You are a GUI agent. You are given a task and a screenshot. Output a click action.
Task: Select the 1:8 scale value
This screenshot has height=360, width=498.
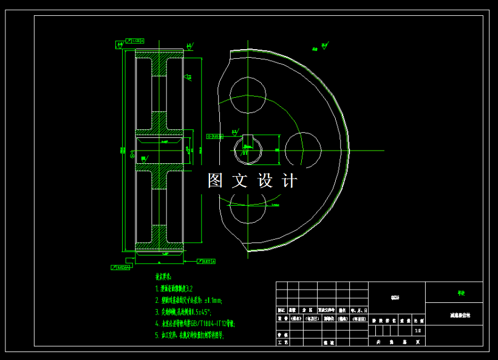(417, 331)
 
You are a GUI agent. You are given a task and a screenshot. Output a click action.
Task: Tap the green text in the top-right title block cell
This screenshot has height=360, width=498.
(461, 293)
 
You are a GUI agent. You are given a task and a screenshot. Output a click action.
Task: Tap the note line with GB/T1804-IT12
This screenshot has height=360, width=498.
(195, 324)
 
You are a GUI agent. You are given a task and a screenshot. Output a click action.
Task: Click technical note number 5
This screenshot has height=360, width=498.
(189, 336)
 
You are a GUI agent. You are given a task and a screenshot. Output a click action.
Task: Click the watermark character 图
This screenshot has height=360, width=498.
(216, 180)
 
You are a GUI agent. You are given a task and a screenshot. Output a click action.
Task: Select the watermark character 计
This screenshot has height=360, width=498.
(290, 180)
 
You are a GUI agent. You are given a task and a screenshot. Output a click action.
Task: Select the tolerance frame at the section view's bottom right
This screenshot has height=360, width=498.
(206, 262)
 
